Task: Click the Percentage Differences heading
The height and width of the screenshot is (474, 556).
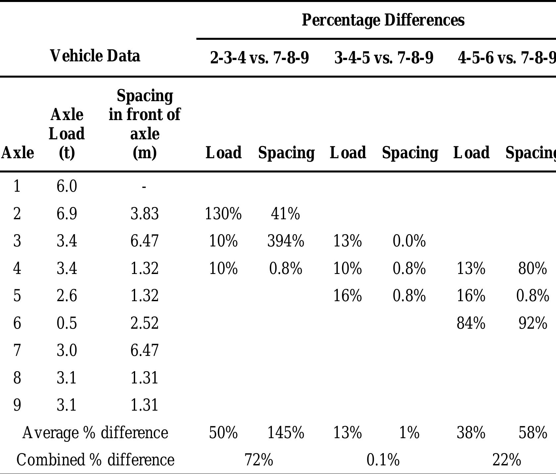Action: [383, 20]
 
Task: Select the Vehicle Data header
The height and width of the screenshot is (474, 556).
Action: [95, 56]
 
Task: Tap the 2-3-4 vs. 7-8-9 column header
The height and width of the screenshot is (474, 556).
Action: [259, 58]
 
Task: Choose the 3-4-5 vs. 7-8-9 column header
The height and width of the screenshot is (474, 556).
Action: [383, 58]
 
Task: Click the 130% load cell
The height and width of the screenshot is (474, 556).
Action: [223, 214]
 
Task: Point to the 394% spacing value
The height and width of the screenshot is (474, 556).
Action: [285, 241]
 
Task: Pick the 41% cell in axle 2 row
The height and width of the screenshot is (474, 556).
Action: [285, 214]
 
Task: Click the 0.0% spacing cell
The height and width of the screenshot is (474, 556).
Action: [409, 241]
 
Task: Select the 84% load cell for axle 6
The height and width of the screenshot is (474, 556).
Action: [471, 323]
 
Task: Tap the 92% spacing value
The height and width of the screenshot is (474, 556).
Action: [532, 323]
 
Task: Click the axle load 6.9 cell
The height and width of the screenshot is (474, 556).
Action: [67, 214]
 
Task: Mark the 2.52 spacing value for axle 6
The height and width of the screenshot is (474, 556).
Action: [144, 323]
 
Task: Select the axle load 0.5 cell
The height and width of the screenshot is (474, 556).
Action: [67, 323]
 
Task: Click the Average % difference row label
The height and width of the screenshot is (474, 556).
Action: [95, 433]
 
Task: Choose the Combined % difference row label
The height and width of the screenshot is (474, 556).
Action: [95, 460]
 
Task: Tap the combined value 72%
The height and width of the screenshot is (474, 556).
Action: [259, 460]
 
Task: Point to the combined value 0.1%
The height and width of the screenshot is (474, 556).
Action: [383, 460]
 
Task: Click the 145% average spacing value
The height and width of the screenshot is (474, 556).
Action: [285, 433]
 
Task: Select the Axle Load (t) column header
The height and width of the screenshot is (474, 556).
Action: [67, 133]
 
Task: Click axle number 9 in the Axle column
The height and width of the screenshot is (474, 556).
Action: [17, 405]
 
